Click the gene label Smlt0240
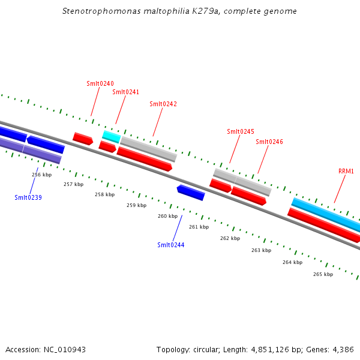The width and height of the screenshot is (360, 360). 100,83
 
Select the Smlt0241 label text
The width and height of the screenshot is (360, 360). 125,92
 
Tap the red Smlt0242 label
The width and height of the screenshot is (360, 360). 163,104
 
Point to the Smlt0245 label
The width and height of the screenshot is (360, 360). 241,131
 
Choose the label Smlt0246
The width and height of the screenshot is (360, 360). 269,142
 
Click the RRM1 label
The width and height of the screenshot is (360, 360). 346,171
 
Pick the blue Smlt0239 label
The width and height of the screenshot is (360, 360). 28,197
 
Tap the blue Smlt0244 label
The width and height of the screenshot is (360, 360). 171,244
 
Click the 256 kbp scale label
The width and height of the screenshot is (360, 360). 42,175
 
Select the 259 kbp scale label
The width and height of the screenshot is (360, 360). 136,205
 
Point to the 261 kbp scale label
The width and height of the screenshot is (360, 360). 199,227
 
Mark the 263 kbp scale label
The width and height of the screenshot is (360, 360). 261,250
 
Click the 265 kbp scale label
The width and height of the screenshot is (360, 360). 323,274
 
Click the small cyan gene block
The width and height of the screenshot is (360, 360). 111,136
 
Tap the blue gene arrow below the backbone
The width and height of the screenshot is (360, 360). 191,192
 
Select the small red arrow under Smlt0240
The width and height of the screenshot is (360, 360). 83,139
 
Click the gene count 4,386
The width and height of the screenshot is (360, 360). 343,349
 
